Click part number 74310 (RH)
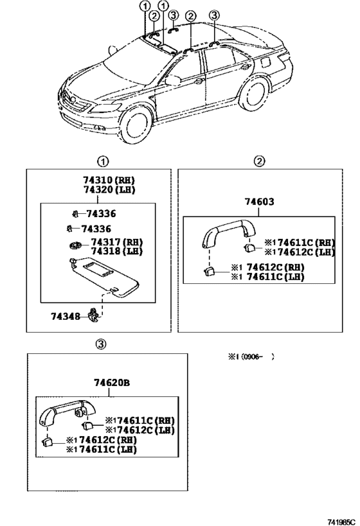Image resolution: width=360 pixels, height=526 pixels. (x=109, y=180)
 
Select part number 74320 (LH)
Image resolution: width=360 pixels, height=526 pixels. (x=109, y=190)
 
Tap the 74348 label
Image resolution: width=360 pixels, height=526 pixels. (x=66, y=317)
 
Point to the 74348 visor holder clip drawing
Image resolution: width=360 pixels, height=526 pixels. (x=93, y=316)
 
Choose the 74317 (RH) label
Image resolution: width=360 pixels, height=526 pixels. (x=116, y=242)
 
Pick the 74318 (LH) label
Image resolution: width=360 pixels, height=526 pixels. (x=116, y=251)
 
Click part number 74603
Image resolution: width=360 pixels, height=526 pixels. (x=259, y=202)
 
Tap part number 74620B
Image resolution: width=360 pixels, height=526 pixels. (x=112, y=382)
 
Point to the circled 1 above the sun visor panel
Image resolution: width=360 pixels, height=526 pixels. (x=103, y=162)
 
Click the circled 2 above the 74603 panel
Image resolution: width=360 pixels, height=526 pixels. (x=259, y=161)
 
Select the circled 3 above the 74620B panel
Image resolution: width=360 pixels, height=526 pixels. (x=102, y=344)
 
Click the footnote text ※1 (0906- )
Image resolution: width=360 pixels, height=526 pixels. (x=251, y=357)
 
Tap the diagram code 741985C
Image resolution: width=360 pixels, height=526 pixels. (x=341, y=522)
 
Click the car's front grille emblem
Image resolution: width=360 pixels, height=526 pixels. (x=73, y=100)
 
